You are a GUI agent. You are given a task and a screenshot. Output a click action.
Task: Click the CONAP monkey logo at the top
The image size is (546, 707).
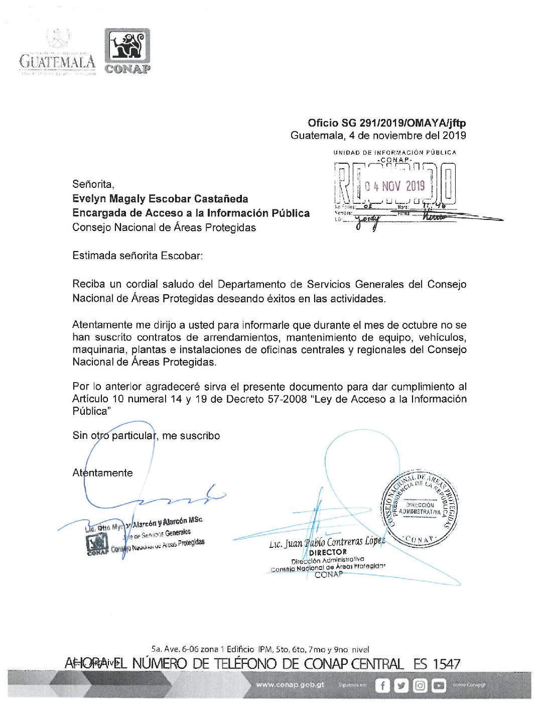(127, 47)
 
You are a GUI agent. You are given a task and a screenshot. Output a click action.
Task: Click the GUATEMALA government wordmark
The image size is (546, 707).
(57, 61)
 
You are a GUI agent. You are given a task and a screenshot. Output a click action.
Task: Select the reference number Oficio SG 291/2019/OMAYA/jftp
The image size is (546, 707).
(386, 123)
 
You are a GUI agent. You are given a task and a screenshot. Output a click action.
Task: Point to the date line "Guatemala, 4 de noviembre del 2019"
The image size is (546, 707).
(378, 136)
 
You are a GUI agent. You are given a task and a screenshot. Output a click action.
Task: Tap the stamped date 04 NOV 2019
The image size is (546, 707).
(394, 186)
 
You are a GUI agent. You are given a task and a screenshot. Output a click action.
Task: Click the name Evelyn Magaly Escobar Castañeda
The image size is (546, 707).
(160, 199)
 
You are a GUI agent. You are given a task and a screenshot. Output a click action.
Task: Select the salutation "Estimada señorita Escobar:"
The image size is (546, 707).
(138, 256)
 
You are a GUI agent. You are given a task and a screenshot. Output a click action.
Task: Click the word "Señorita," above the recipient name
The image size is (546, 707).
(93, 184)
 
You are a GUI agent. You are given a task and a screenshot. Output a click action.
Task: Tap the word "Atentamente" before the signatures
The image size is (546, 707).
(103, 473)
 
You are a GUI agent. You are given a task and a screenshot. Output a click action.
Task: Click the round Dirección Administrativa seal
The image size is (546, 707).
(420, 509)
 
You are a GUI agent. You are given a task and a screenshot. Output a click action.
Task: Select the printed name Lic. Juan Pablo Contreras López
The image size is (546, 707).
(327, 542)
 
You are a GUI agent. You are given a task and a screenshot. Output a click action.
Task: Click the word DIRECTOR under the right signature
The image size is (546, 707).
(327, 552)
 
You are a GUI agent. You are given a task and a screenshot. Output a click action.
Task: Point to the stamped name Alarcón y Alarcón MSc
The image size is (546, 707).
(167, 523)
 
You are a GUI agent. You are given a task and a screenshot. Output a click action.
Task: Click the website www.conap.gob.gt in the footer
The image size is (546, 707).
(290, 685)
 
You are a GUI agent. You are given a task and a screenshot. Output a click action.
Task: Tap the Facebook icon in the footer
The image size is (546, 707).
(382, 685)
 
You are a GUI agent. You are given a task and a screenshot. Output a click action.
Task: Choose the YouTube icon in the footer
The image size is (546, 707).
(438, 685)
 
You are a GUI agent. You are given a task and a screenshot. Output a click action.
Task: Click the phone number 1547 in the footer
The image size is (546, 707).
(446, 664)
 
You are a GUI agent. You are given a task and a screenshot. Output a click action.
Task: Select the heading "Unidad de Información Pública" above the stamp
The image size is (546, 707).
(394, 152)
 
